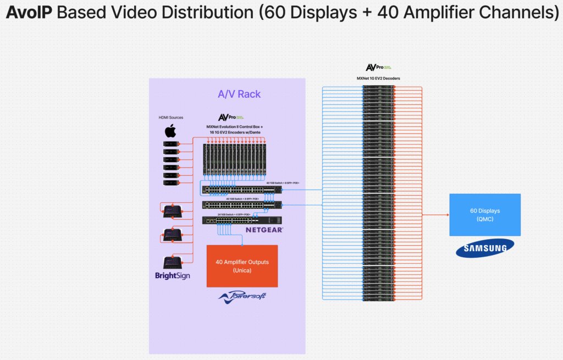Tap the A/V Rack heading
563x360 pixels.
click(x=239, y=94)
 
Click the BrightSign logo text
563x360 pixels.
click(x=172, y=275)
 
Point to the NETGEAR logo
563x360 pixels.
click(x=264, y=230)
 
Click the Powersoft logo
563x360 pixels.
click(x=242, y=297)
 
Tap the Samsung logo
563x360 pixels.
click(x=484, y=248)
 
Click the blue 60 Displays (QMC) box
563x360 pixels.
click(x=484, y=214)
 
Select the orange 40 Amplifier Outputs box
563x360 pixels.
click(x=242, y=266)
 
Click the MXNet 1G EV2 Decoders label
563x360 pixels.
click(x=378, y=79)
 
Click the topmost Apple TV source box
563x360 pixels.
click(x=170, y=144)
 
